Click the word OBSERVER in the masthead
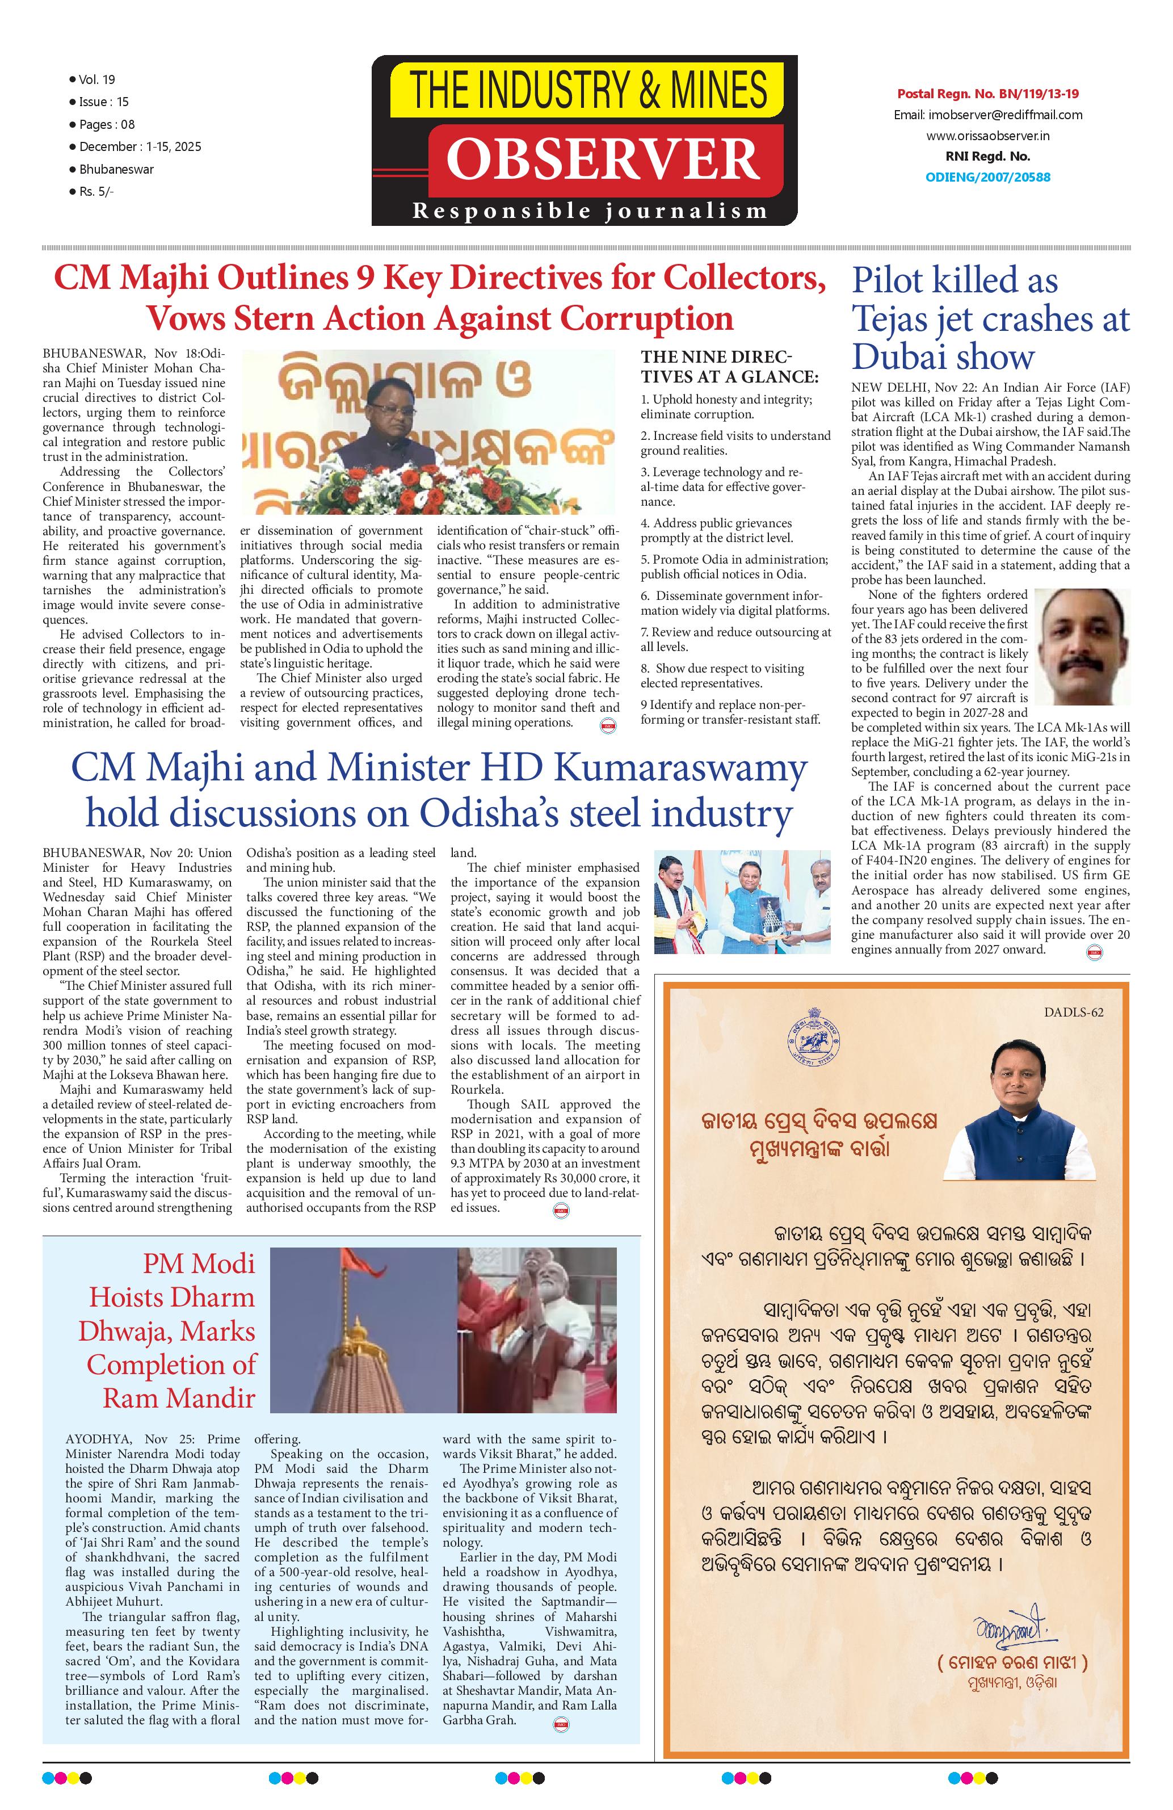click(x=603, y=159)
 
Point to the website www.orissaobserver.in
click(x=988, y=136)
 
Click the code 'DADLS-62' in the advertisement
click(x=1074, y=1011)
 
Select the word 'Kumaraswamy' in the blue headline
click(x=680, y=770)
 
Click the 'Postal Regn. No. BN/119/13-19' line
click(x=988, y=94)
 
